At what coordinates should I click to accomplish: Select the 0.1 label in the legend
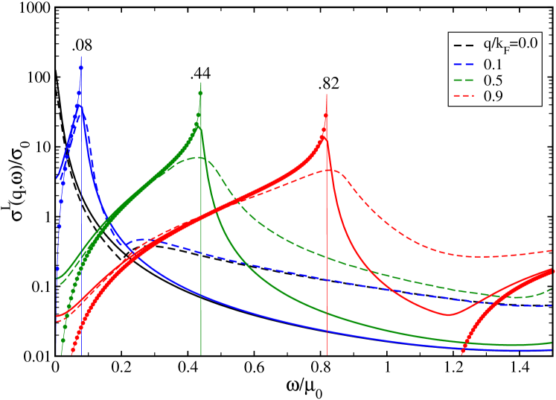(493, 64)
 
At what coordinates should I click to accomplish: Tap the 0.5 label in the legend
(493, 80)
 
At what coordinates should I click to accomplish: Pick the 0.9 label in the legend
(493, 96)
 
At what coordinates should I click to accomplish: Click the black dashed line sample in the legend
(464, 44)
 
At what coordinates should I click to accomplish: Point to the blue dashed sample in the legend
(464, 64)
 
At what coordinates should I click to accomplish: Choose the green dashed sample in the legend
(464, 80)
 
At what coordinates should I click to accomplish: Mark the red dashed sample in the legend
(464, 96)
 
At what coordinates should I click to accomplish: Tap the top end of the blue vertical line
(80, 56)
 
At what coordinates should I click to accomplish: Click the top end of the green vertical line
(200, 82)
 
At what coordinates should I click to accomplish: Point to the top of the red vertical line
(327, 95)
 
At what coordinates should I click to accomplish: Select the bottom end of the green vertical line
(200, 354)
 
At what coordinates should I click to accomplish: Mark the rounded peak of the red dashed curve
(333, 170)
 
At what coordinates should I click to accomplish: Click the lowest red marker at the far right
(463, 351)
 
